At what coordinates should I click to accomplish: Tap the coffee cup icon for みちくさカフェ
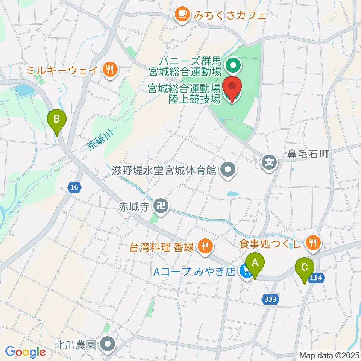183,15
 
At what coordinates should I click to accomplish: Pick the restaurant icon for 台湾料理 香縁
205,247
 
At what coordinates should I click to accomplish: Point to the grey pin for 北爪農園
108,344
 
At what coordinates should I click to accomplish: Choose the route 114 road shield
316,278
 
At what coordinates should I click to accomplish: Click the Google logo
25,352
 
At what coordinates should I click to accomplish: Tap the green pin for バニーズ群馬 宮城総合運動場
233,67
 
